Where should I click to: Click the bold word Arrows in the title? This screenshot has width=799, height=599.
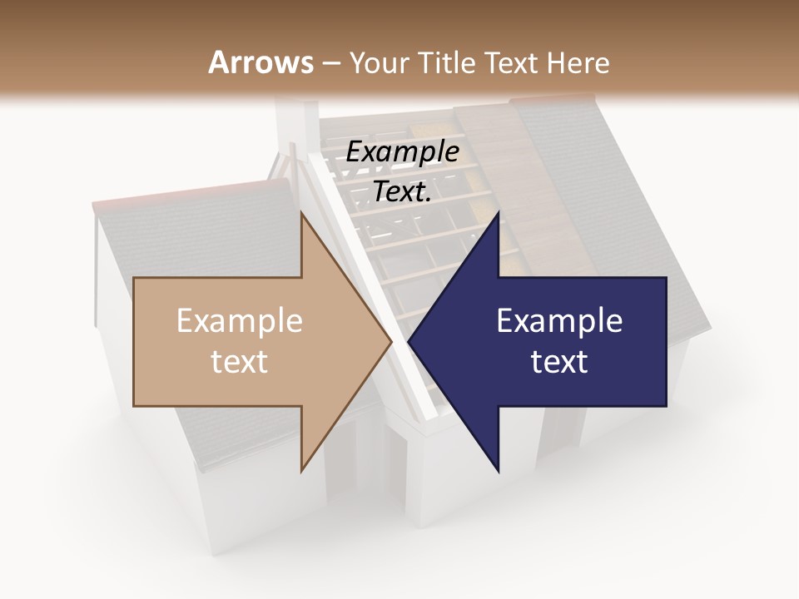[261, 62]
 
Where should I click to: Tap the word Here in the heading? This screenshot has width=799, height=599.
[578, 62]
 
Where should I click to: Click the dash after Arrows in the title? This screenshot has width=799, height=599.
[330, 63]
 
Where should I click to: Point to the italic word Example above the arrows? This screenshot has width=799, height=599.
[402, 151]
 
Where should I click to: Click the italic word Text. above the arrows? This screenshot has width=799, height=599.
[402, 191]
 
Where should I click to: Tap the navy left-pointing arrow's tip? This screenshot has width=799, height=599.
[409, 342]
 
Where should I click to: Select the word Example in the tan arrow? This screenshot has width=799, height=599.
[240, 321]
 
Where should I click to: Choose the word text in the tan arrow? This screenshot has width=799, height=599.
[240, 362]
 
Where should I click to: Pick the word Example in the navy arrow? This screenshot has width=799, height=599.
[559, 321]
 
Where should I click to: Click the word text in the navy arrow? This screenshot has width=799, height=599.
[559, 362]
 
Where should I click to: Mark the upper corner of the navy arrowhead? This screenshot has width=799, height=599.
[498, 213]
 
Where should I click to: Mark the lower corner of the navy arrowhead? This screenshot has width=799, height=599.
[498, 471]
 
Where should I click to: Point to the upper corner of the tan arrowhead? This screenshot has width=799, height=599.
[301, 213]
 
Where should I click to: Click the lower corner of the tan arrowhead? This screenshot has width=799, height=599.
[301, 471]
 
